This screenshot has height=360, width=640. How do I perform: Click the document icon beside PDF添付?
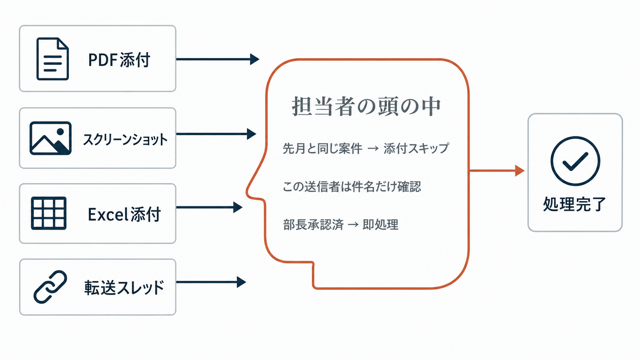pyautogui.click(x=52, y=59)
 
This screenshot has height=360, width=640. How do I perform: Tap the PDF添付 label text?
pyautogui.click(x=119, y=60)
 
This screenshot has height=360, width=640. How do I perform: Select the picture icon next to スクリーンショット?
pyautogui.click(x=51, y=138)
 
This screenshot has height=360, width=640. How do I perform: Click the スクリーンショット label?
pyautogui.click(x=125, y=140)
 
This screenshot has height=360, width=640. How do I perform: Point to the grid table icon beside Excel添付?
pyautogui.click(x=49, y=213)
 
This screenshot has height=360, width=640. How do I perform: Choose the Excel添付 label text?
pyautogui.click(x=124, y=214)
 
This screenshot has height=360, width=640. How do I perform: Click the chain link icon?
pyautogui.click(x=50, y=287)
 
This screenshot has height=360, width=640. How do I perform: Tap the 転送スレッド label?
pyautogui.click(x=124, y=287)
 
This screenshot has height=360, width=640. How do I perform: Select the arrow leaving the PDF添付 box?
pyautogui.click(x=218, y=59)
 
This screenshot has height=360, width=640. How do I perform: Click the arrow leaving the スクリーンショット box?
pyautogui.click(x=216, y=134)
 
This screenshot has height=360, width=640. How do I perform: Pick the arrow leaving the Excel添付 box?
pyautogui.click(x=209, y=207)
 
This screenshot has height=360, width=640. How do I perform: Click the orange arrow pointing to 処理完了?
pyautogui.click(x=497, y=171)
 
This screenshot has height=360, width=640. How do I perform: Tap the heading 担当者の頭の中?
pyautogui.click(x=366, y=106)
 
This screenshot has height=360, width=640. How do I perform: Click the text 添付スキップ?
pyautogui.click(x=416, y=148)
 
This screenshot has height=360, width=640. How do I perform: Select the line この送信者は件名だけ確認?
pyautogui.click(x=352, y=187)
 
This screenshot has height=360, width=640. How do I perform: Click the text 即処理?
pyautogui.click(x=380, y=225)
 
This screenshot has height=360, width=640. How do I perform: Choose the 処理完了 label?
pyautogui.click(x=575, y=204)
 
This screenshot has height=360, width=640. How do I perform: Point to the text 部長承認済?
pyautogui.click(x=313, y=225)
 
